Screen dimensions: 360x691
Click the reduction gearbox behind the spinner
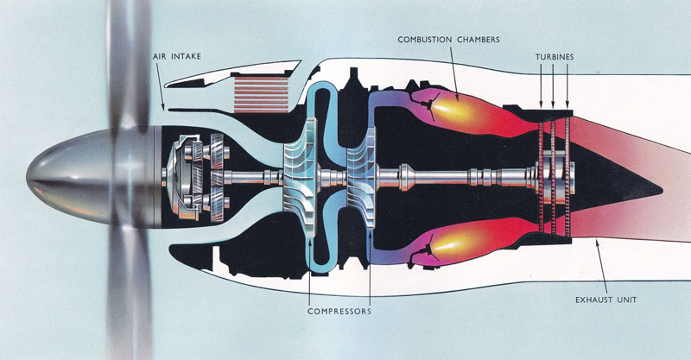coord(194,176)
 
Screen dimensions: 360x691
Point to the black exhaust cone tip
coord(660,181)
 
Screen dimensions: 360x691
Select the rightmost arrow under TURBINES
coord(567,86)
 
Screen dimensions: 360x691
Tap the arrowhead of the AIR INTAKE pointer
coord(164,105)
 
